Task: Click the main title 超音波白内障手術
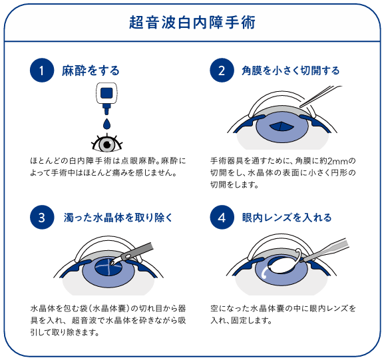(x=192, y=22)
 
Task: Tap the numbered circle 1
(x=42, y=71)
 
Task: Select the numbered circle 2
(x=222, y=71)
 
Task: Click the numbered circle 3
(x=42, y=217)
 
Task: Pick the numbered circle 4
(x=222, y=217)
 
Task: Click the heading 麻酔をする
(x=91, y=71)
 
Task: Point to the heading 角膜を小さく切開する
(x=290, y=71)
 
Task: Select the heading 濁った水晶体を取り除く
(x=118, y=218)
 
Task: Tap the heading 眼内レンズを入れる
(x=287, y=218)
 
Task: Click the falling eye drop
(x=106, y=124)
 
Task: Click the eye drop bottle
(x=106, y=98)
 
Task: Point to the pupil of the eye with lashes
(x=107, y=145)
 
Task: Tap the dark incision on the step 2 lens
(x=282, y=126)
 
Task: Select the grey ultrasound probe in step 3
(x=132, y=254)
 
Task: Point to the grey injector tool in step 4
(x=325, y=250)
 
